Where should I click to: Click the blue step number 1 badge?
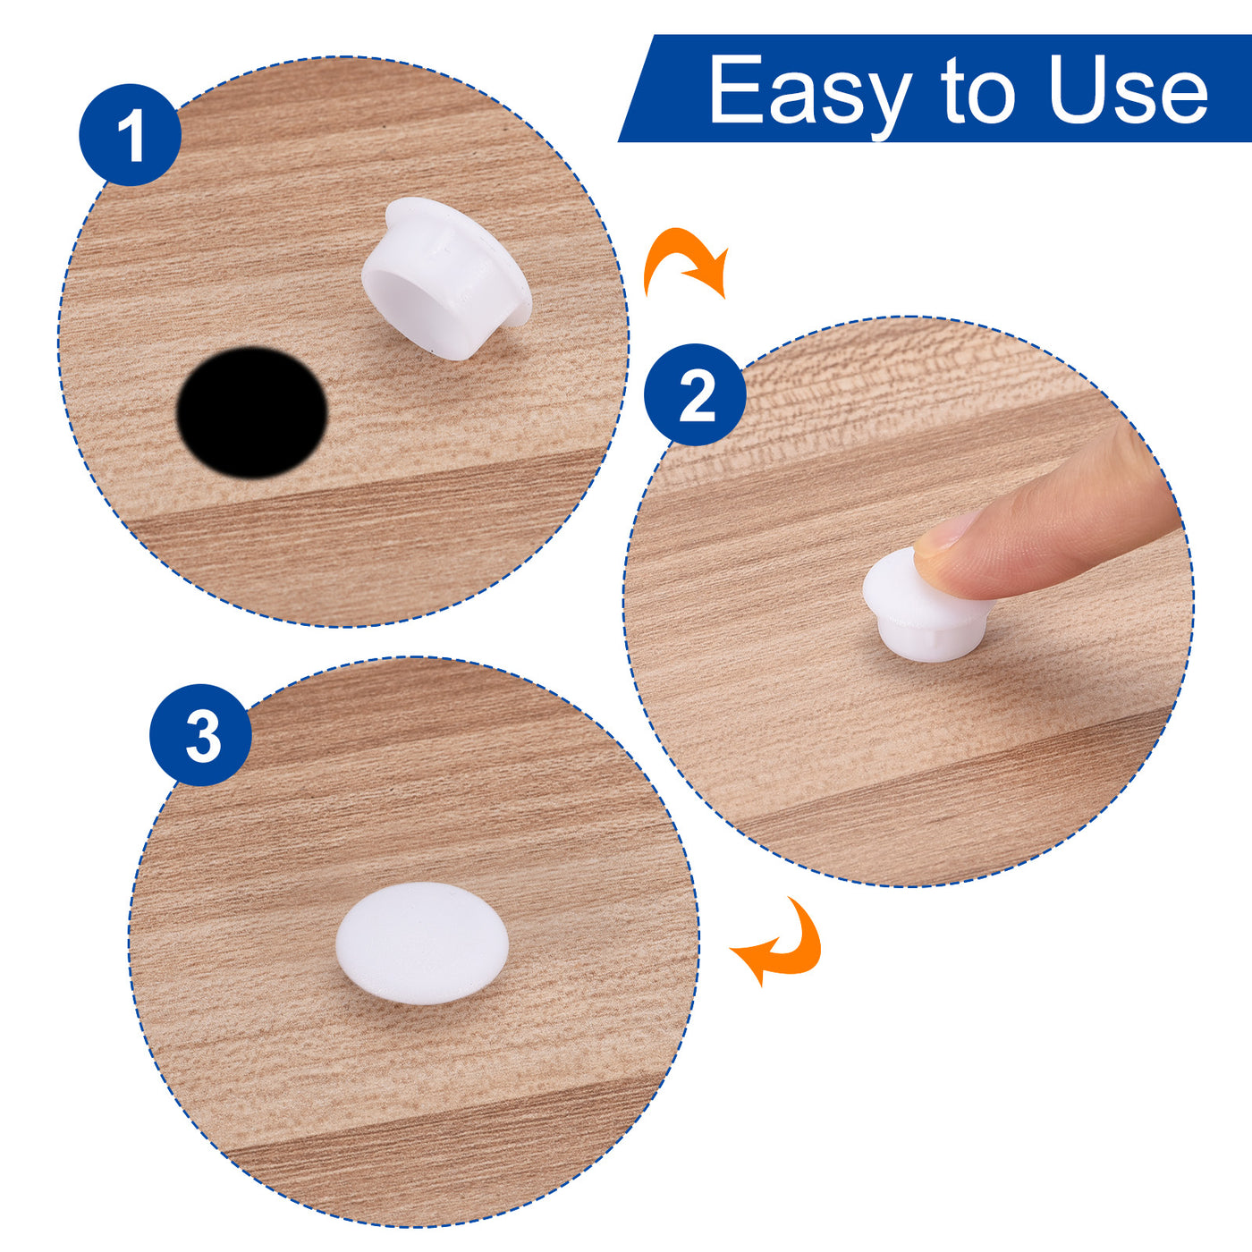[x=130, y=135]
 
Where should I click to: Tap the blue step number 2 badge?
[x=695, y=394]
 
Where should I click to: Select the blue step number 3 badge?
[x=200, y=735]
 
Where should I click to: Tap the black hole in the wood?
[x=252, y=412]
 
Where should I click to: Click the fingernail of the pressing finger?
[x=943, y=529]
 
